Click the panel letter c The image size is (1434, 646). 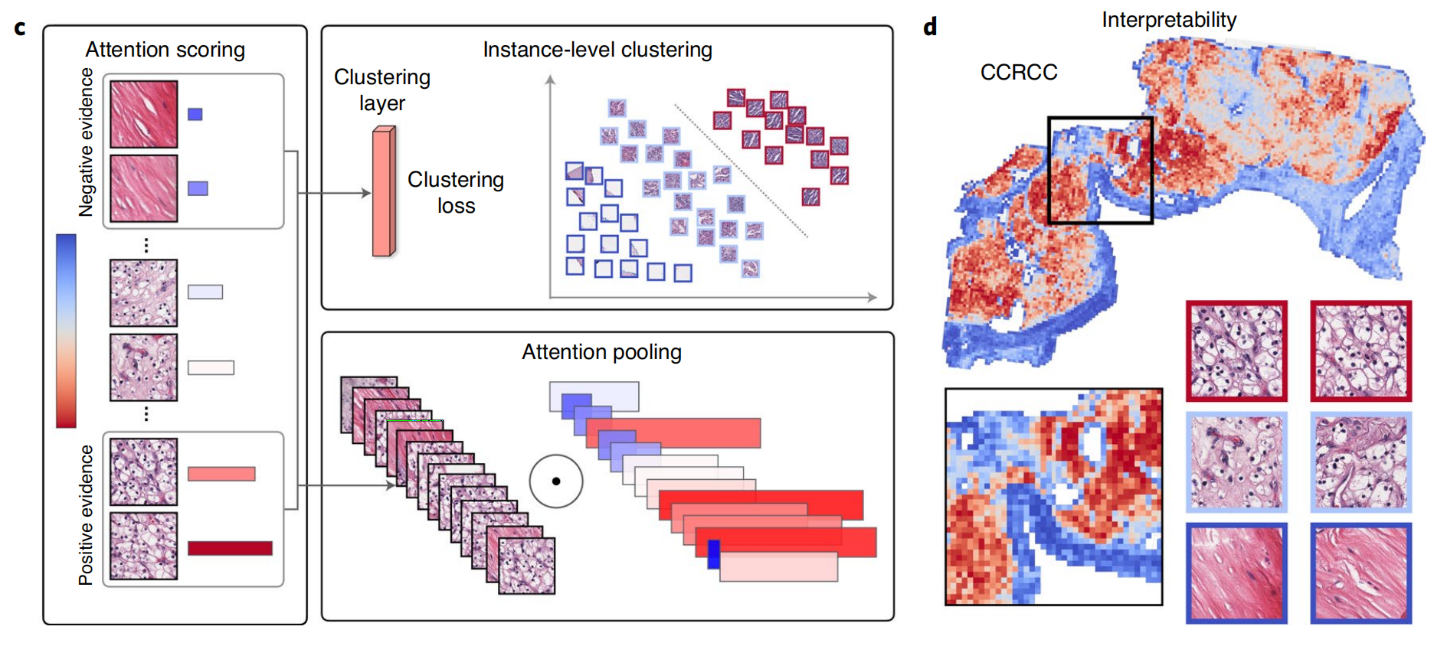point(20,28)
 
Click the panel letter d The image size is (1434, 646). point(930,28)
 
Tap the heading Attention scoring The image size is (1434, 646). point(165,50)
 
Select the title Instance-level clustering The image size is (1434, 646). point(597,50)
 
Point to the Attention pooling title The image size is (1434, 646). point(601,352)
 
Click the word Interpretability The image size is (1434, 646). point(1168,20)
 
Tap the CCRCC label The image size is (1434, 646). point(1018,72)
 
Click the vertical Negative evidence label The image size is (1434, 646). point(86,142)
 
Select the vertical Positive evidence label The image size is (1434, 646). point(86,515)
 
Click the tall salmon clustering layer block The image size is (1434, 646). point(383,191)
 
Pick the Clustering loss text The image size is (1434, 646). point(456,192)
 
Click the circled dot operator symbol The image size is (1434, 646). point(556,481)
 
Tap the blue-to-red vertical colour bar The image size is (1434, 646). point(66,331)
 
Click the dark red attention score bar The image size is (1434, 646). point(230,548)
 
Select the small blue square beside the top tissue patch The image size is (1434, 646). point(195,114)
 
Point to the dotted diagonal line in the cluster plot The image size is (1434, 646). point(740,170)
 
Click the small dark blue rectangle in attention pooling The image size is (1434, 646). point(713,554)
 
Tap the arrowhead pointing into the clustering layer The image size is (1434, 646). point(367,193)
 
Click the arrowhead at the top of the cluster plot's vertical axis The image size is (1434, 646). point(550,79)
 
